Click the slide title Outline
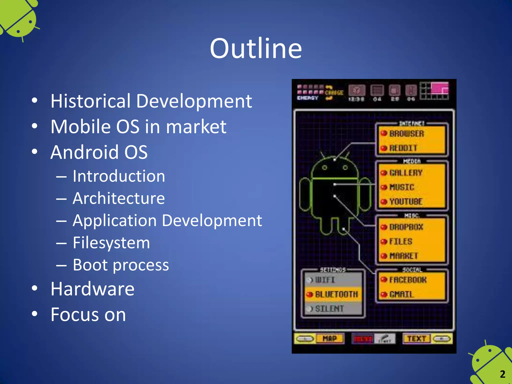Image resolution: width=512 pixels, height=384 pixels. click(256, 48)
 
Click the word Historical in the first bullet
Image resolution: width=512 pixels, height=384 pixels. click(90, 101)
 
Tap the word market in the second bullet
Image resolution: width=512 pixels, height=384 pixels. click(196, 127)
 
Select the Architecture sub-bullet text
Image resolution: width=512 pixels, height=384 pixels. click(118, 198)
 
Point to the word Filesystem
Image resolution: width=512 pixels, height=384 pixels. click(111, 243)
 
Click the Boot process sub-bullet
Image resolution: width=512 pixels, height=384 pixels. click(121, 265)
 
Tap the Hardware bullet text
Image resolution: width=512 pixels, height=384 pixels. click(92, 289)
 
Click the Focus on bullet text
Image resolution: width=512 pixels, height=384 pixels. click(88, 314)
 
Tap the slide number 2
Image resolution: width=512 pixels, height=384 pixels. click(502, 374)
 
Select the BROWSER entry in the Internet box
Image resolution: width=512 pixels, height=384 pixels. click(406, 134)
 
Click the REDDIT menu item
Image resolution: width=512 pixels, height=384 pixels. click(403, 148)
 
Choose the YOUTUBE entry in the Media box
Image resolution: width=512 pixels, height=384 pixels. click(406, 201)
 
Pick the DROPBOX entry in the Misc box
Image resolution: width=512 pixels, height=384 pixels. click(406, 227)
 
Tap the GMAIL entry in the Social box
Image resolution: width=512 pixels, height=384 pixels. click(401, 294)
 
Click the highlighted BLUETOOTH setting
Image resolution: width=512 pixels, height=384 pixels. click(336, 294)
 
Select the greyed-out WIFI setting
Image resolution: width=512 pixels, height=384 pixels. click(324, 280)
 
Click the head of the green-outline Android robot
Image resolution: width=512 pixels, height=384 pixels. click(334, 167)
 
